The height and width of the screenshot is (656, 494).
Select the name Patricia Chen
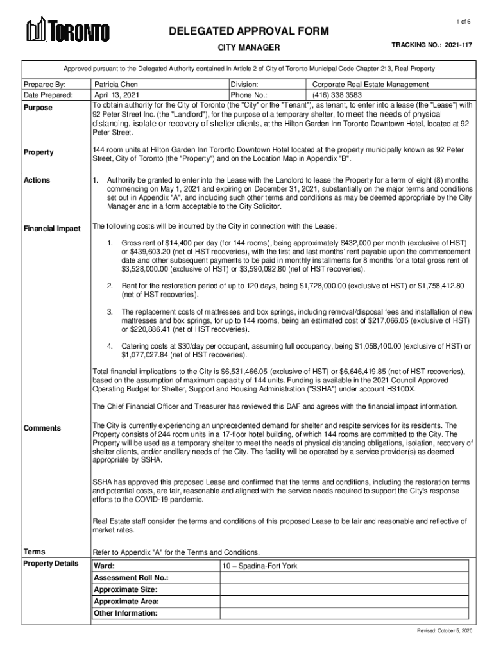116,84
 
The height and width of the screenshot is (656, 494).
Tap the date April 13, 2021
116,95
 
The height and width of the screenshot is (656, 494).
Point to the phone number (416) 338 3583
343,95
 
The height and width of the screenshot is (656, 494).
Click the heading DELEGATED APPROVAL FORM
249,31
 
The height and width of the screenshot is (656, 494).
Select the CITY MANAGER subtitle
249,47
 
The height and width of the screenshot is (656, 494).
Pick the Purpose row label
38,108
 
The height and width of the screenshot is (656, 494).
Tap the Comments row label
42,428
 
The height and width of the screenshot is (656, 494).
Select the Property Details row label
51,563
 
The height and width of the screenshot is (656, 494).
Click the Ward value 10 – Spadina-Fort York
260,566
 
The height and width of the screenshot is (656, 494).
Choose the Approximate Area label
126,602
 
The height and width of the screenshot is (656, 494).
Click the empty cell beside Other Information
346,613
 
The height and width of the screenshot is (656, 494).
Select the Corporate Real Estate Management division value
371,84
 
